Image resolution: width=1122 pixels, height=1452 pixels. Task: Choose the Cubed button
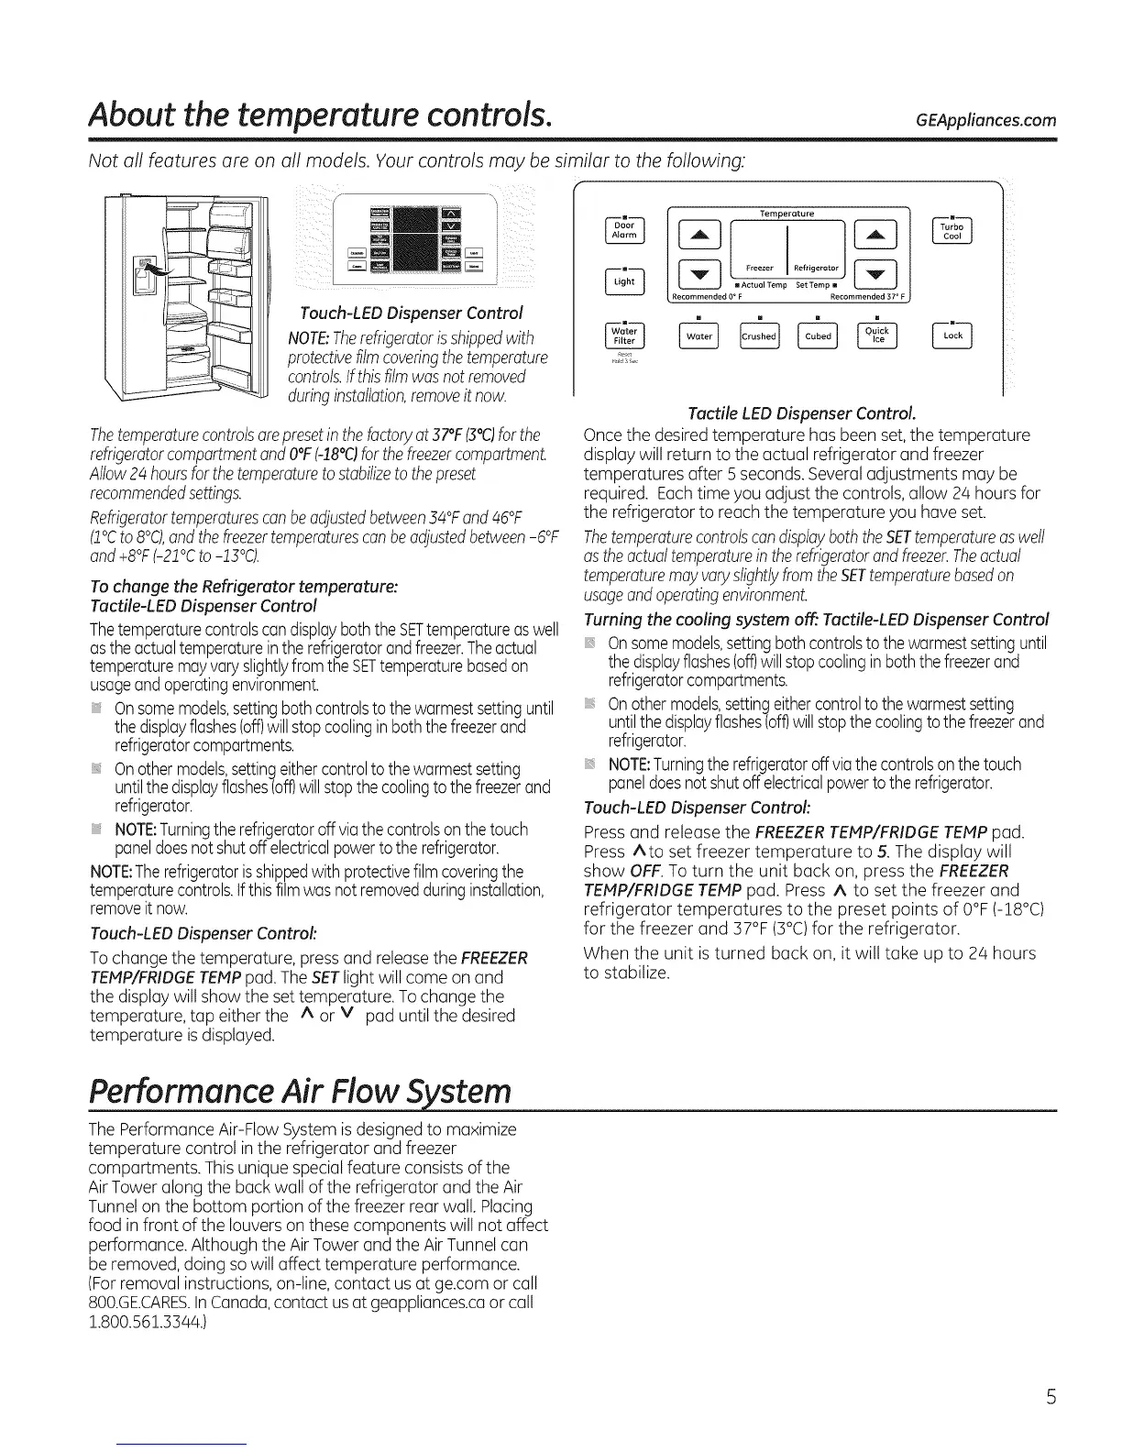click(x=818, y=337)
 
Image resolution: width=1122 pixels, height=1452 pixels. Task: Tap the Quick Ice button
click(x=877, y=337)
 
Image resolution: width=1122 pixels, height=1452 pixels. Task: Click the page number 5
click(x=1052, y=1397)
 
